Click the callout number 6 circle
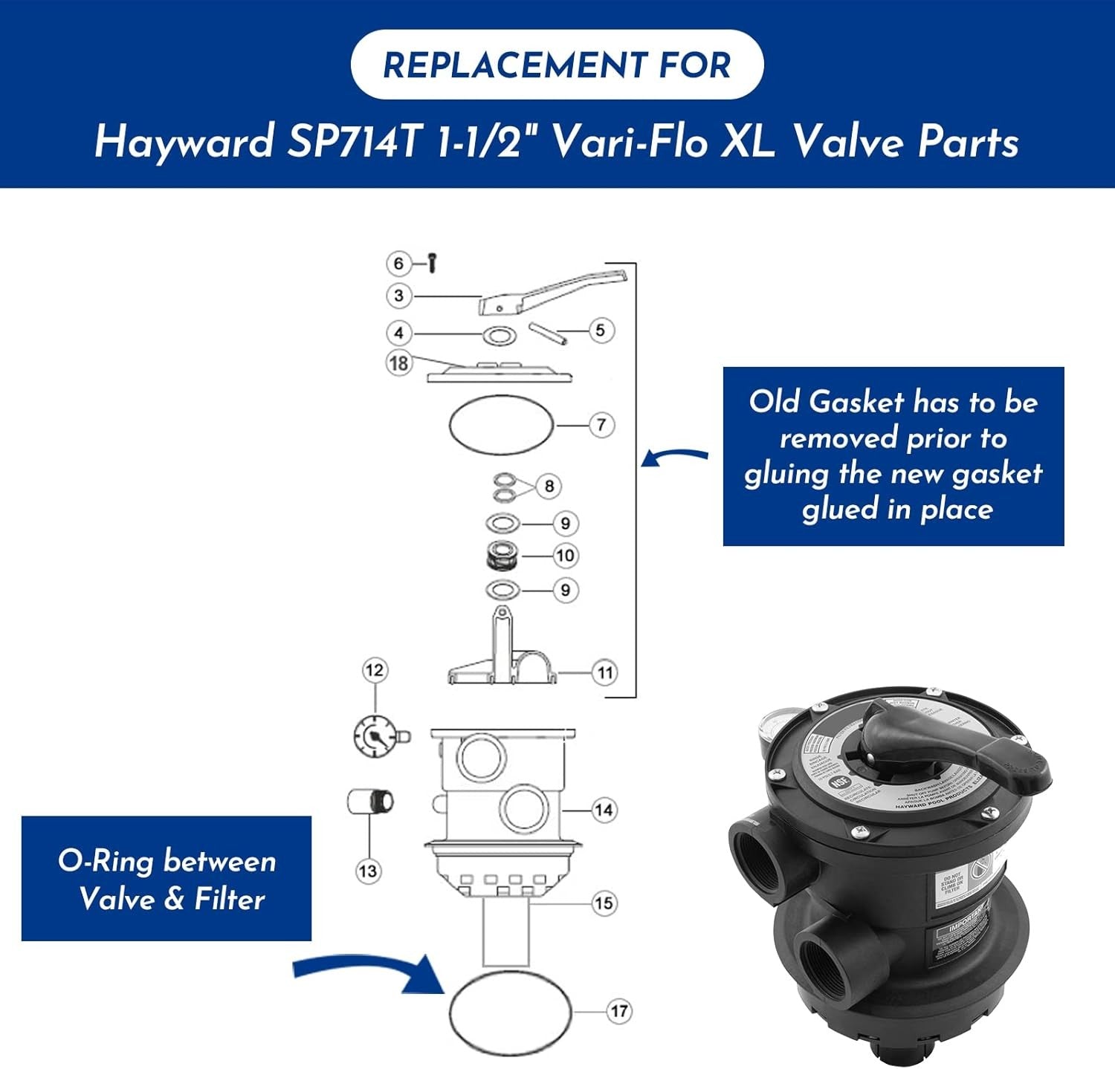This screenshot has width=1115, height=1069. (x=398, y=263)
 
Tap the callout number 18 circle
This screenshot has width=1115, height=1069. (x=399, y=363)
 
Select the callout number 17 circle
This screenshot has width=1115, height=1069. (x=619, y=1011)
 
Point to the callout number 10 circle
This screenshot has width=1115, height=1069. (x=565, y=555)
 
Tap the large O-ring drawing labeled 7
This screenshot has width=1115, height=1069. (x=502, y=425)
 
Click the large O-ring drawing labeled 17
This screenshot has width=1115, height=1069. (x=510, y=1013)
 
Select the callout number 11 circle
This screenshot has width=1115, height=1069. (x=605, y=673)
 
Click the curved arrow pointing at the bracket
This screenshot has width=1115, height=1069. (x=675, y=455)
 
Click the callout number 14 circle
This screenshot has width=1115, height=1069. (x=604, y=810)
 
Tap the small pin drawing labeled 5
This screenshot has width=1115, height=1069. (x=549, y=334)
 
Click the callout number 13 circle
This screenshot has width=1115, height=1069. (x=368, y=871)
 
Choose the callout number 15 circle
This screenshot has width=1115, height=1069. (x=604, y=903)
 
